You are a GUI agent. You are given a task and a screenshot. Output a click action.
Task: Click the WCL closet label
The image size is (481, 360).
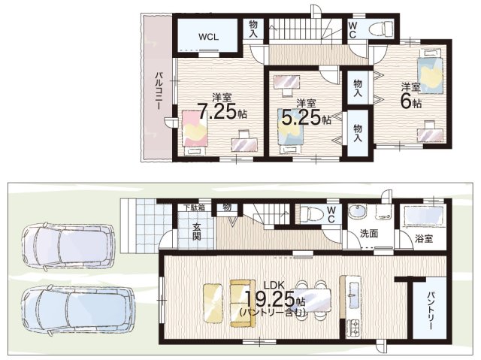click(x=208, y=37)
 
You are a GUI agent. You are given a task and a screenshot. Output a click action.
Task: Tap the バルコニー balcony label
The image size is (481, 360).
click(x=159, y=90)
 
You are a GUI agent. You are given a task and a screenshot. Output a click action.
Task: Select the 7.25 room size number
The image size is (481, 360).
click(x=217, y=111)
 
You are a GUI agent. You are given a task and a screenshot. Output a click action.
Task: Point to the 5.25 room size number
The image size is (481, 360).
click(x=301, y=117)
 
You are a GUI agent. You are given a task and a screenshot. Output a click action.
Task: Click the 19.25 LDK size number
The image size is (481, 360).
click(x=270, y=299)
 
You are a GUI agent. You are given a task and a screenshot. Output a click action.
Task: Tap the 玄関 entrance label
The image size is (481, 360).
click(x=196, y=231)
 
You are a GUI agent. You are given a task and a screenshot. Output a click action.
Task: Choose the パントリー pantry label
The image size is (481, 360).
click(x=430, y=311)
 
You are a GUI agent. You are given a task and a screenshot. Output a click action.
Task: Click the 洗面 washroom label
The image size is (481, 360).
click(x=369, y=234)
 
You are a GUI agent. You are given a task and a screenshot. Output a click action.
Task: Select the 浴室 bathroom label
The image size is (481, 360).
click(x=424, y=238)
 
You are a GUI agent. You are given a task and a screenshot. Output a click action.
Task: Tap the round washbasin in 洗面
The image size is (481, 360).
click(x=357, y=211)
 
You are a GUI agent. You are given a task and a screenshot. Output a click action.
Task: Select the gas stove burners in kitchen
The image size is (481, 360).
click(x=354, y=328)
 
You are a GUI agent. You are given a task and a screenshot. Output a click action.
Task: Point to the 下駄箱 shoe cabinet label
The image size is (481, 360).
click(x=194, y=207)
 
